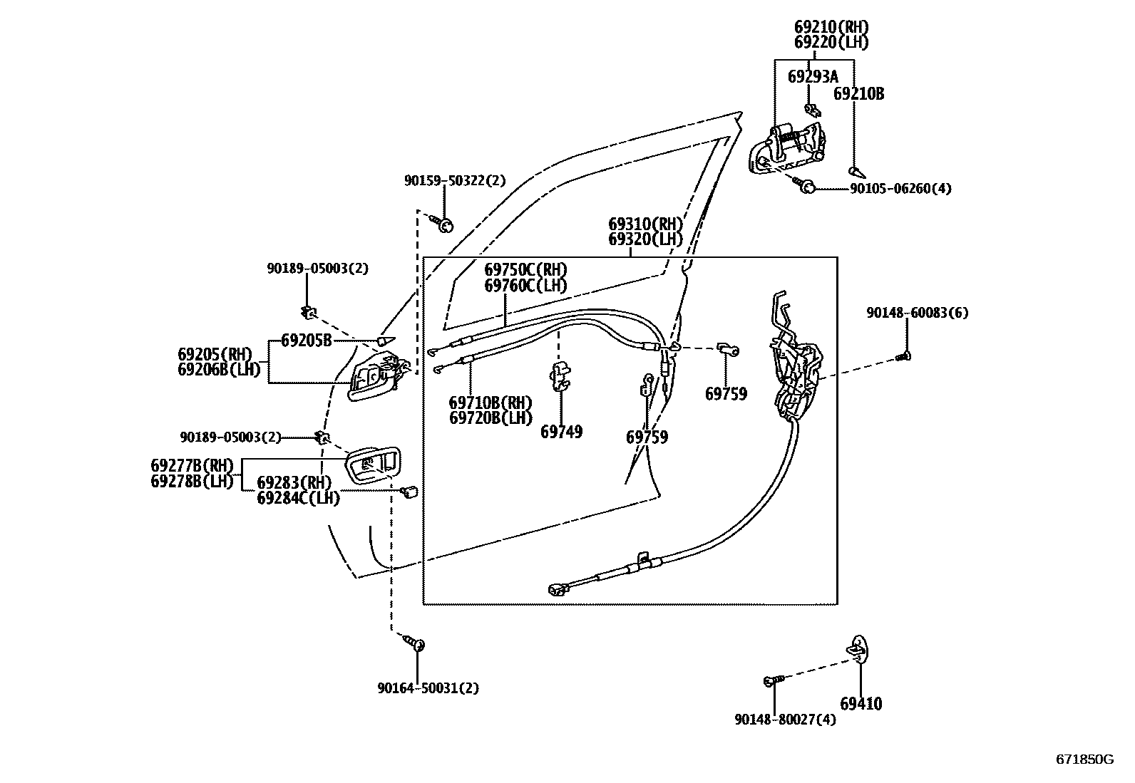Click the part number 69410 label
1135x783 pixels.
861,703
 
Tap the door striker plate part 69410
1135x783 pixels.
857,649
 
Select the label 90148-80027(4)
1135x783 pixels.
786,719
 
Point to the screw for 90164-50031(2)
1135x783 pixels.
414,642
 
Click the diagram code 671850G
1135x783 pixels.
1085,759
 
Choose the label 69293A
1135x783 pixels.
813,77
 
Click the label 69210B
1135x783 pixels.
859,94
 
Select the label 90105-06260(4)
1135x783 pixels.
900,188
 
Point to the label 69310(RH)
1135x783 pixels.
645,224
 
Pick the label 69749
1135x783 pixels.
561,432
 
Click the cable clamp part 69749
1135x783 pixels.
560,377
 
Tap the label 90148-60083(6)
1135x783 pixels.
917,313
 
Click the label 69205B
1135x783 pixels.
306,341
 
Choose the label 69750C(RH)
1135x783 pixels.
525,269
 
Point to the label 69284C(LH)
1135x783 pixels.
299,498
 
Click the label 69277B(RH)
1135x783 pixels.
192,465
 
